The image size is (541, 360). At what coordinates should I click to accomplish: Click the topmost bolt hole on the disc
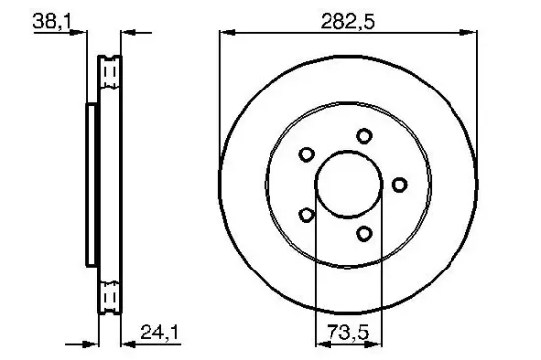click(364, 136)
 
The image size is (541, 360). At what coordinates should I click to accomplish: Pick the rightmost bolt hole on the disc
click(399, 184)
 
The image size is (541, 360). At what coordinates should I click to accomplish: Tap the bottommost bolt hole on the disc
click(364, 233)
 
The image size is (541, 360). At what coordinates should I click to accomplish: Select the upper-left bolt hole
click(306, 154)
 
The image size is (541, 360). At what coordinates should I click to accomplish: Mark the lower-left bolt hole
click(306, 215)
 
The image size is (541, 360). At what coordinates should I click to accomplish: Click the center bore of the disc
click(349, 185)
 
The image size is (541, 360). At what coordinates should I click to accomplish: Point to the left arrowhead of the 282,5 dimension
click(223, 33)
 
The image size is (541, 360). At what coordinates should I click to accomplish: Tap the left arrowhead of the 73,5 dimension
click(319, 342)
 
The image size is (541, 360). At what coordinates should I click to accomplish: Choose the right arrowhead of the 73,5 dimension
click(380, 342)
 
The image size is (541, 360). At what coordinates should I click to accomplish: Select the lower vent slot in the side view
click(111, 293)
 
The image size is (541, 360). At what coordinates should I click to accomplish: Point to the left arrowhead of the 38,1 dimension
click(83, 33)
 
